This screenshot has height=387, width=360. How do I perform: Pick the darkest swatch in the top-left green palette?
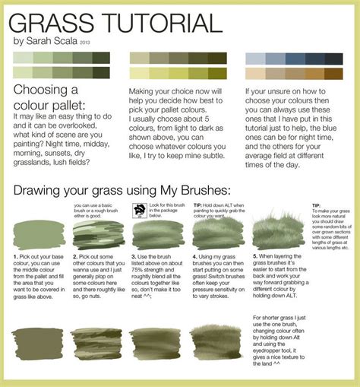101,57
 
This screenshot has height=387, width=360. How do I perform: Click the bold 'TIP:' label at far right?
318,205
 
